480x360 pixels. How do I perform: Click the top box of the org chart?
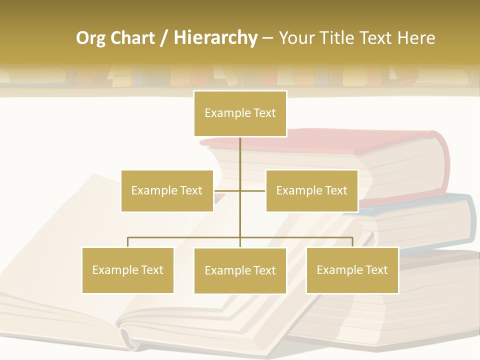point(240,113)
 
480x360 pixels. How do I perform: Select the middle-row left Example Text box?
point(167,190)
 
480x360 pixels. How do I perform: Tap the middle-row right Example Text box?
point(311,190)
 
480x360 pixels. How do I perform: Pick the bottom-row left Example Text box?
point(127,270)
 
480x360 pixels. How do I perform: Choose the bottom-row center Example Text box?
point(240,270)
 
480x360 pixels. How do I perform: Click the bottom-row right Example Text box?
point(352,270)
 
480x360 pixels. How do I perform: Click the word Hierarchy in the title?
point(215,38)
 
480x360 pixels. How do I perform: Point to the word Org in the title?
point(90,38)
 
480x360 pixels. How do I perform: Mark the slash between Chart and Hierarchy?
point(164,38)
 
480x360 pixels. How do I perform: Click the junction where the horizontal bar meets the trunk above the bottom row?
point(240,237)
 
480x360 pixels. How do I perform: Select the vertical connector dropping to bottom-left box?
point(127,242)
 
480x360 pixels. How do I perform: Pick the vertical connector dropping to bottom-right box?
point(352,242)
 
